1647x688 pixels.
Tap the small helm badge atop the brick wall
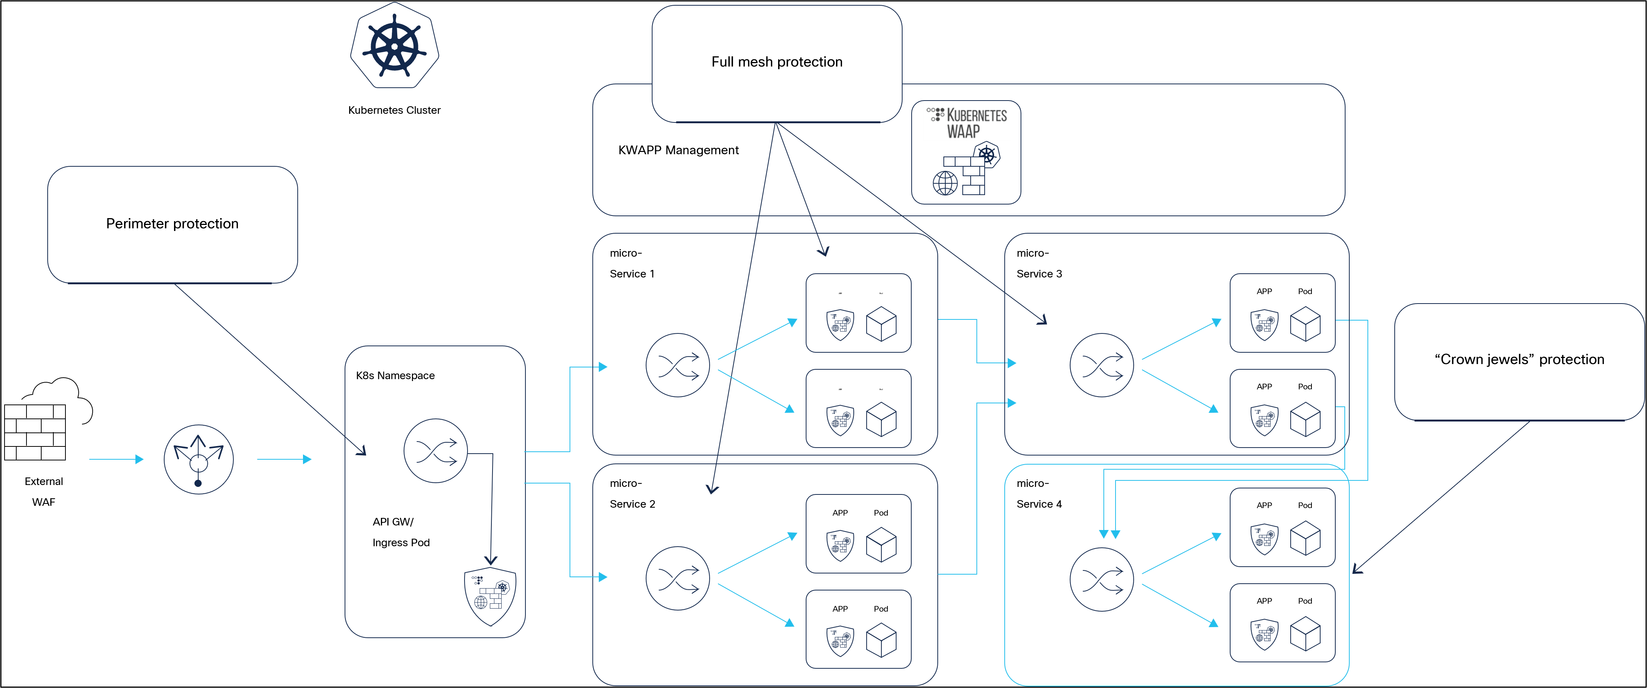[987, 155]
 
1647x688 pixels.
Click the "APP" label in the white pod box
[1264, 386]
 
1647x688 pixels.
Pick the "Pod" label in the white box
[1305, 386]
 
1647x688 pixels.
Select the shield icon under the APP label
[1264, 420]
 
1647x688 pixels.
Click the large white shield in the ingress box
[490, 595]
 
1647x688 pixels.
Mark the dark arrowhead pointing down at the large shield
[490, 560]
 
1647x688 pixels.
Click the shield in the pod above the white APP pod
[1264, 324]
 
